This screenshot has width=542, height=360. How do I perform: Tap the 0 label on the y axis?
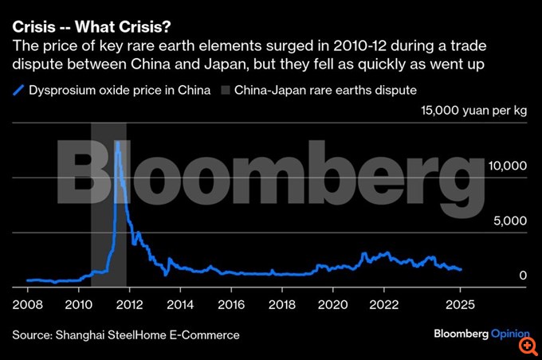coord(522,276)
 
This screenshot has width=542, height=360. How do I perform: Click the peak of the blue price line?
coord(117,143)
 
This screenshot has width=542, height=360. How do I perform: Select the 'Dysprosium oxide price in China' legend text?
coord(120,90)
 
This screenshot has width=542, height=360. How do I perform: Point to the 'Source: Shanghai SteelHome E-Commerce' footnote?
coord(126,335)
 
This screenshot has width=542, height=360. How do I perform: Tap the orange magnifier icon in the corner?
coord(527,345)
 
